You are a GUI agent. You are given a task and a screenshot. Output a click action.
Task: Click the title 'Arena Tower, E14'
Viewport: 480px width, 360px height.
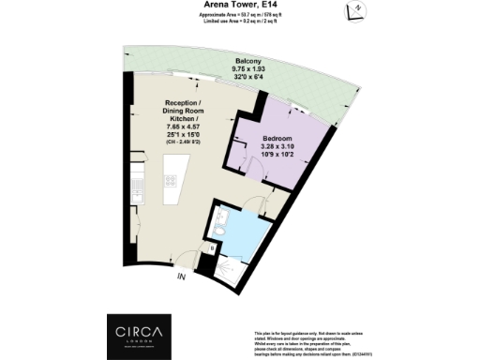240,5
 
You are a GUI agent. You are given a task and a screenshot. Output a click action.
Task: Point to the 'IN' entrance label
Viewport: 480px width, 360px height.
180,276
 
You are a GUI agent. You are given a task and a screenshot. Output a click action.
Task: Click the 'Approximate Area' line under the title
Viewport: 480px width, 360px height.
240,16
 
